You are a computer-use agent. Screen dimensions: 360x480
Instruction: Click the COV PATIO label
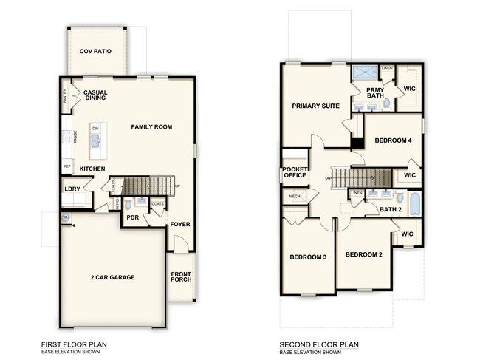coord(96,51)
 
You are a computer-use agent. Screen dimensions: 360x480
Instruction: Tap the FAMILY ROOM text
coord(151,127)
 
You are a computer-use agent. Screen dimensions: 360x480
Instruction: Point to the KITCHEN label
coord(93,169)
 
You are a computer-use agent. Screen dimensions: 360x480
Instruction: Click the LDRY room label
coord(73,189)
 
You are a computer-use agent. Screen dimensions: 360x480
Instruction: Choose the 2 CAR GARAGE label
coord(113,277)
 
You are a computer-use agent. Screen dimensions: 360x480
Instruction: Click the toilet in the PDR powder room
coord(127,205)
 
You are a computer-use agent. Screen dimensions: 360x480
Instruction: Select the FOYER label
coord(180,223)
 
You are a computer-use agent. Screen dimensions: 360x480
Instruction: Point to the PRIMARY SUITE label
coord(315,106)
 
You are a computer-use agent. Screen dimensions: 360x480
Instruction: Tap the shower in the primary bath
coord(363,72)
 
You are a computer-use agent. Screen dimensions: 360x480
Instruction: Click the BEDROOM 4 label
coord(393,140)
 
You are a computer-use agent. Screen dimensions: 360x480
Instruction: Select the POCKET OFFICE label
coord(295,172)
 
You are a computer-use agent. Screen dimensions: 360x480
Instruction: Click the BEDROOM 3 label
coord(309,257)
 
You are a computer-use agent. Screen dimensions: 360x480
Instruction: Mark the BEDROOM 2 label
coord(364,254)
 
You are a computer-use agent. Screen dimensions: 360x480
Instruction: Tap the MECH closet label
coord(295,197)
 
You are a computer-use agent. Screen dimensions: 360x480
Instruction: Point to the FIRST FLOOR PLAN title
coord(77,344)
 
